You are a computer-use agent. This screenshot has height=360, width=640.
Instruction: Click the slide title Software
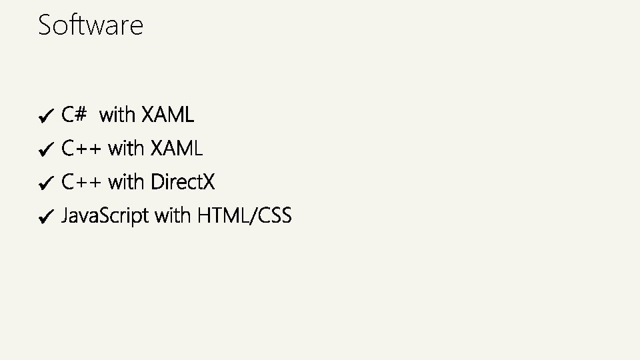click(x=91, y=25)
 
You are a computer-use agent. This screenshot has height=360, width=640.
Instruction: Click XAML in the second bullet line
click(x=176, y=149)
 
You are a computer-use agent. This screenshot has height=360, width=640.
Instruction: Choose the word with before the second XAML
click(x=126, y=149)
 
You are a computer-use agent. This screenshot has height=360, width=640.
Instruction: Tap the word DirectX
click(x=183, y=182)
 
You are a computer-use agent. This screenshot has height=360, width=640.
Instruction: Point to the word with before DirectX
click(x=126, y=182)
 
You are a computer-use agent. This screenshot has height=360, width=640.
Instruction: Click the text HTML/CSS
click(x=244, y=216)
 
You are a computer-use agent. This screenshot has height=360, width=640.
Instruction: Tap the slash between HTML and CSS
click(x=256, y=216)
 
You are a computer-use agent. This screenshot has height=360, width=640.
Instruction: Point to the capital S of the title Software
click(x=45, y=25)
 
